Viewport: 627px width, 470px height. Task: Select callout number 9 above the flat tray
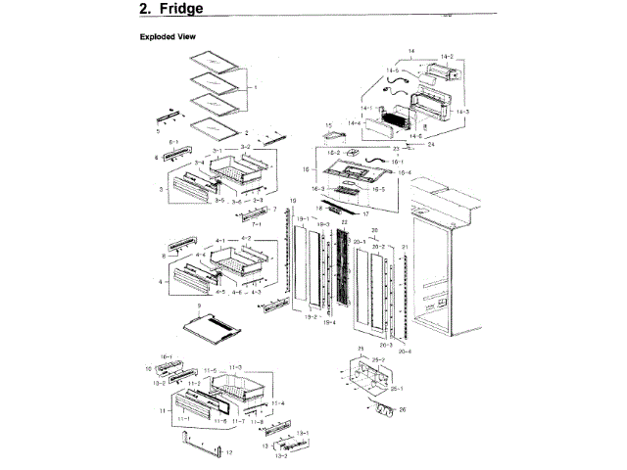(199, 305)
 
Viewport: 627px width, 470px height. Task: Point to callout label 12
(228, 453)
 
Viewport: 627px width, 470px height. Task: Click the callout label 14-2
(446, 58)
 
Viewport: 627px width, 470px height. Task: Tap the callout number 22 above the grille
(344, 223)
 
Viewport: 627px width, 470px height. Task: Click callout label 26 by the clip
(402, 411)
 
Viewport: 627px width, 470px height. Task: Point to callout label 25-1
(397, 389)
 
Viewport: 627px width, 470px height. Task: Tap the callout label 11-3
(235, 366)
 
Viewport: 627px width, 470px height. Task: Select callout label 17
(364, 212)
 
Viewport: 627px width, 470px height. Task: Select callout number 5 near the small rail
(159, 130)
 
